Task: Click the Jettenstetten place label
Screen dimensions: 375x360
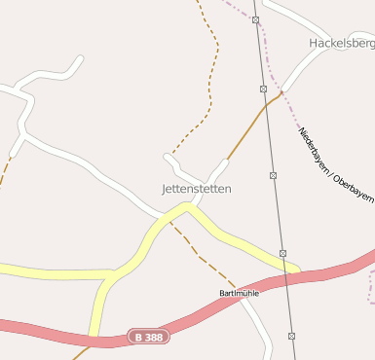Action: pos(196,189)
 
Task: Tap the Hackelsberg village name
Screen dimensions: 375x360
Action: pos(341,44)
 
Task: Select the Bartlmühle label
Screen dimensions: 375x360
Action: pos(239,293)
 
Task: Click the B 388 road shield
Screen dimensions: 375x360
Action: pos(149,337)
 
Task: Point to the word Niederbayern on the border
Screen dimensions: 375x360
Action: pos(316,146)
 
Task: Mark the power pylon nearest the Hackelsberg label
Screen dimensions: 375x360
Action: pos(255,19)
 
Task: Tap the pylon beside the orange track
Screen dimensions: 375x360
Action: pos(264,89)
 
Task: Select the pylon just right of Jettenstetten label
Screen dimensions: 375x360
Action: pos(273,176)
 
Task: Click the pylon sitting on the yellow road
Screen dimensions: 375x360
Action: pos(282,253)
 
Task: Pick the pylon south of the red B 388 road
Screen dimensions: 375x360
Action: pos(291,336)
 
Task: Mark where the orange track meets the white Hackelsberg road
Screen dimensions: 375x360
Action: pos(283,92)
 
